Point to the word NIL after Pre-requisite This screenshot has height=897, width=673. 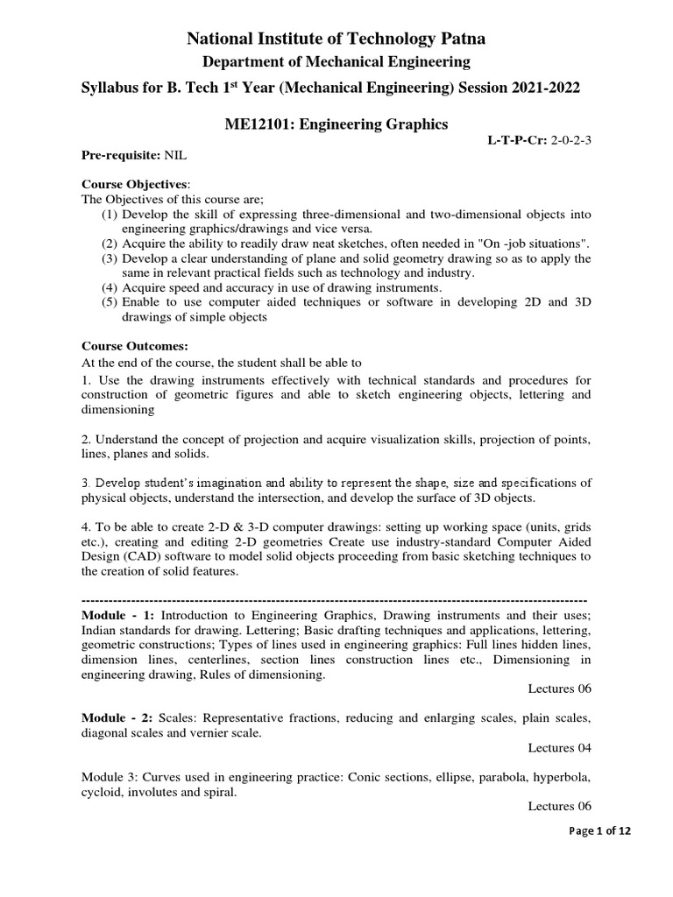pyautogui.click(x=176, y=155)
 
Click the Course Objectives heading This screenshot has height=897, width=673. pyautogui.click(x=134, y=185)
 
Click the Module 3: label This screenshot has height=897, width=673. pyautogui.click(x=114, y=777)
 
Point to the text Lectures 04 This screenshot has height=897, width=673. pyautogui.click(x=560, y=748)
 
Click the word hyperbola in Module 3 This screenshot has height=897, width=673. pyautogui.click(x=562, y=777)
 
